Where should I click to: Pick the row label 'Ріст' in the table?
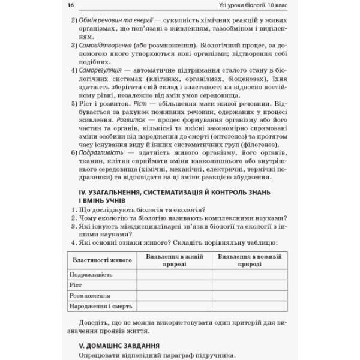[x=75, y=286]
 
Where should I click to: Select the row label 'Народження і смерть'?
[x=98, y=307]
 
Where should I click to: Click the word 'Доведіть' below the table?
[x=88, y=323]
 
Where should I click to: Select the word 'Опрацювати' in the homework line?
[x=94, y=355]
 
